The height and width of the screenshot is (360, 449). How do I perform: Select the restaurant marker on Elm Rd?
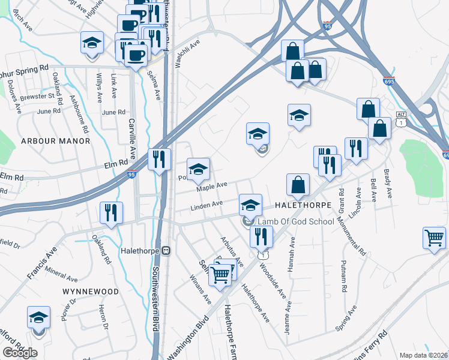[x=159, y=159]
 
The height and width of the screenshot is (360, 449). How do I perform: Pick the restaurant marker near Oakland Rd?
[x=112, y=212]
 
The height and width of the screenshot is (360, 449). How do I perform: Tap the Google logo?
[x=20, y=353]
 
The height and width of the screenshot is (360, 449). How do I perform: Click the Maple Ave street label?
[x=212, y=187]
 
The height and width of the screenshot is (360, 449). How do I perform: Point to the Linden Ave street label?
[x=206, y=205]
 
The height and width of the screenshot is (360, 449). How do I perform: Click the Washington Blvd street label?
[x=191, y=336]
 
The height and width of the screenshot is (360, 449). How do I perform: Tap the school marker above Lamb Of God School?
[x=250, y=205]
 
